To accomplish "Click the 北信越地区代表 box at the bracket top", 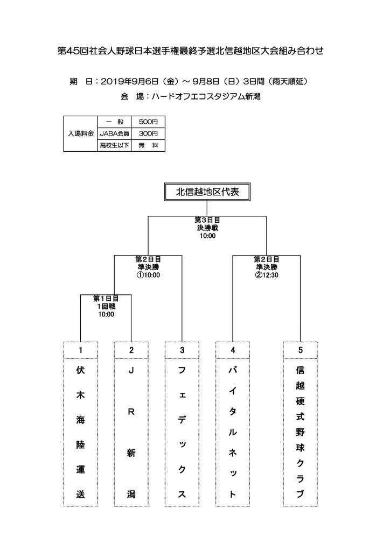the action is (207, 192).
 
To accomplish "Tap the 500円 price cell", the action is (148, 122).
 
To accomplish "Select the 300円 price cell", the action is (148, 133).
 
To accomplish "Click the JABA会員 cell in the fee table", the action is (114, 133).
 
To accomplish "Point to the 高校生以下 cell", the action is (114, 145).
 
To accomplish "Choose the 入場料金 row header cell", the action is (81, 133).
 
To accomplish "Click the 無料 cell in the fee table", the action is (148, 145).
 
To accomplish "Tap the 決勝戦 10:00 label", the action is (207, 231).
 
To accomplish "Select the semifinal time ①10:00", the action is (148, 275).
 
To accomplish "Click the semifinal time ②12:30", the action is (267, 275).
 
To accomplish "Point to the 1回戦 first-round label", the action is (106, 306).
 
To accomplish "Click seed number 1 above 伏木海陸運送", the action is (81, 350).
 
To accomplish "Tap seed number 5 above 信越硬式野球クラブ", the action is (301, 350).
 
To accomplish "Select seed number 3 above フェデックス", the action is (182, 350).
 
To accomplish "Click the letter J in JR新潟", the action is (131, 370).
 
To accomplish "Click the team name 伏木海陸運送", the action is (81, 432).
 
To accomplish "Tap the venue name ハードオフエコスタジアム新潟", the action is (206, 96).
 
